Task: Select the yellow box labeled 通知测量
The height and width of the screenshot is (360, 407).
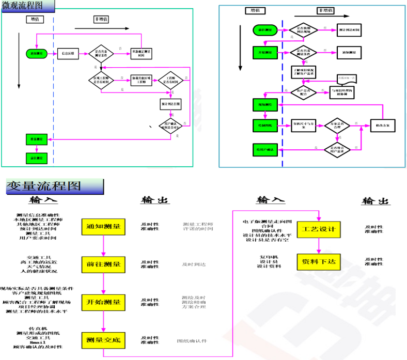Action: (x=103, y=227)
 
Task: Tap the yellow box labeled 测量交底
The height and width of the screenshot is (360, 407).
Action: (x=103, y=340)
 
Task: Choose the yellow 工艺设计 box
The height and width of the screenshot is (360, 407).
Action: (x=318, y=229)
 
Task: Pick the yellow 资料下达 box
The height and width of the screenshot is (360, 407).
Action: (x=318, y=262)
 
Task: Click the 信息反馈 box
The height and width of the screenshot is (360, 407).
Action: (x=69, y=53)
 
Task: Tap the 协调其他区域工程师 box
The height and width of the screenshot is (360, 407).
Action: (x=142, y=80)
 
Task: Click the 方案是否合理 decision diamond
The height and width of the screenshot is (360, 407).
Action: (x=337, y=125)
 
